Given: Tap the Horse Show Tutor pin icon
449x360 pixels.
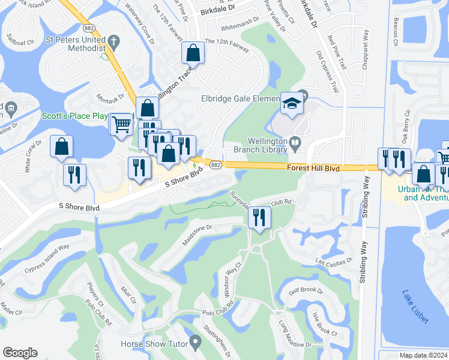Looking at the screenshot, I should (194, 343).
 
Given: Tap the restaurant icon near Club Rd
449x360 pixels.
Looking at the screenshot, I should (259, 217).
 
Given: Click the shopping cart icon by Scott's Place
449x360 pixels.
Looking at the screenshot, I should (121, 124).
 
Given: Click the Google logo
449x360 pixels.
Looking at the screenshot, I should (20, 353).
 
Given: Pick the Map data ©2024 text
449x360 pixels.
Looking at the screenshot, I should (423, 355).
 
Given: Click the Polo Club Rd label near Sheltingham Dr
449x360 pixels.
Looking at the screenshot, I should (217, 313).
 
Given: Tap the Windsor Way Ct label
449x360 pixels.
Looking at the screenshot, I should (233, 280).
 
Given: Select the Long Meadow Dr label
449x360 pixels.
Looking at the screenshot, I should (295, 334).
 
